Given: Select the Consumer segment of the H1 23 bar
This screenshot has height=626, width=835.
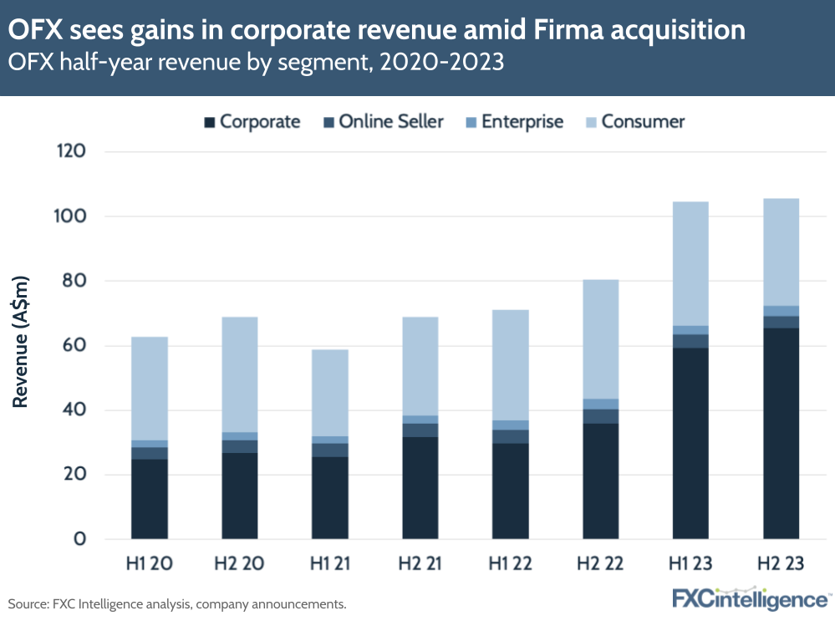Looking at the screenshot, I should coord(690,263).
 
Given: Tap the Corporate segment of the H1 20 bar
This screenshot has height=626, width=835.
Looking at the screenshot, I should coord(150,499).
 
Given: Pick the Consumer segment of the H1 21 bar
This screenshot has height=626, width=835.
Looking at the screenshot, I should coord(330,393).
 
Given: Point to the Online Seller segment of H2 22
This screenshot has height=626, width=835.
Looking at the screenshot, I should coord(600,416).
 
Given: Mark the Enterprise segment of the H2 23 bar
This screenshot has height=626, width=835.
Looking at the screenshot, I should coord(781,311).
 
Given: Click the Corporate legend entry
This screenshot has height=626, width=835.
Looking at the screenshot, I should coord(252,122).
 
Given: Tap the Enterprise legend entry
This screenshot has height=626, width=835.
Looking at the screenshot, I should coord(515,122).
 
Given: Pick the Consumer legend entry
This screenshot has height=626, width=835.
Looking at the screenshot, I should coord(634,122).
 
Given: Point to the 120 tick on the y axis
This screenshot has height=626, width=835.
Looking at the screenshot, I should coord(73,151).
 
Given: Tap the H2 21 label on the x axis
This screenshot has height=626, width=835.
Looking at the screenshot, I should coord(420,564).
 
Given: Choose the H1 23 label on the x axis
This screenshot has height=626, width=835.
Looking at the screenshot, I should coord(690,564).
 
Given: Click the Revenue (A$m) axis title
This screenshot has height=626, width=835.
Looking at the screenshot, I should coord(21,342).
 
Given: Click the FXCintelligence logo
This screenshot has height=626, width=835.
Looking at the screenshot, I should coord(750,599).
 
